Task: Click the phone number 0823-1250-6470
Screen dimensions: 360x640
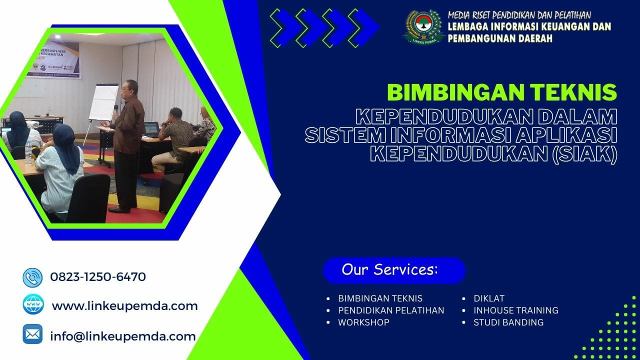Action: click(x=98, y=276)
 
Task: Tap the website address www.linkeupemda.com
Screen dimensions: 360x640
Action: click(x=124, y=305)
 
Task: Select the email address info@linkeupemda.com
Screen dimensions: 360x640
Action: click(x=122, y=336)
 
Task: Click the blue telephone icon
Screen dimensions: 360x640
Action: click(x=32, y=277)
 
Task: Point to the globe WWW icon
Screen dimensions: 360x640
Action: click(x=32, y=304)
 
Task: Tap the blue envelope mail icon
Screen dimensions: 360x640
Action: click(x=32, y=334)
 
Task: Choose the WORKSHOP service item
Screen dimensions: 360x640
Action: click(x=363, y=322)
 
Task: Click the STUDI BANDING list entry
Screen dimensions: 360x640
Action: click(x=508, y=322)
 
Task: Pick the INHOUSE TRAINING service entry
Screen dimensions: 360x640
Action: click(x=516, y=310)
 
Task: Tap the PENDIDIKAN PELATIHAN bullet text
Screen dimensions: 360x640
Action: click(x=391, y=310)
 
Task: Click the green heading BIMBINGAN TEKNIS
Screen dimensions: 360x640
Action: click(x=502, y=92)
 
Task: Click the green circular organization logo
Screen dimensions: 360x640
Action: click(x=423, y=26)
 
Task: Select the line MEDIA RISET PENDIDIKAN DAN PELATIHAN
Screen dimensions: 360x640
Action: click(x=519, y=15)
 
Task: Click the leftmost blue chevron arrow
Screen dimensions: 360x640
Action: click(x=282, y=27)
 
